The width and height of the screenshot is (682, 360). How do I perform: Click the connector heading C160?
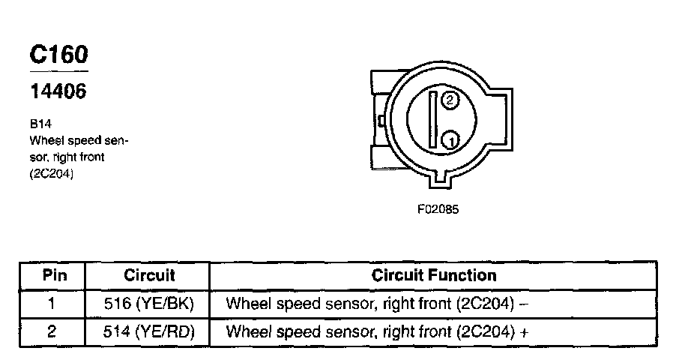pos(58,55)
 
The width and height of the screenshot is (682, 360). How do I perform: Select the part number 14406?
pos(58,91)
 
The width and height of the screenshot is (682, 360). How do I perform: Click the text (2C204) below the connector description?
pos(51,174)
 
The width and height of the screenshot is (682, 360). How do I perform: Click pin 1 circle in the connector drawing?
pos(450,139)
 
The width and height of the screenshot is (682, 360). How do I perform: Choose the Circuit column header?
pos(149,275)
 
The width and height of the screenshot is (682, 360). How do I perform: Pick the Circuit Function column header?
pos(433,275)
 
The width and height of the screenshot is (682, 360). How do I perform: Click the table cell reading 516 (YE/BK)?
pos(149,304)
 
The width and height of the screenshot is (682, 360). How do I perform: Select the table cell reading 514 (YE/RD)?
pos(149,331)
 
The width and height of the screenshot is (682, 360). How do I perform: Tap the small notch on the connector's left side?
pos(382,119)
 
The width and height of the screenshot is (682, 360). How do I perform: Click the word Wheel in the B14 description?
pos(44,139)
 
